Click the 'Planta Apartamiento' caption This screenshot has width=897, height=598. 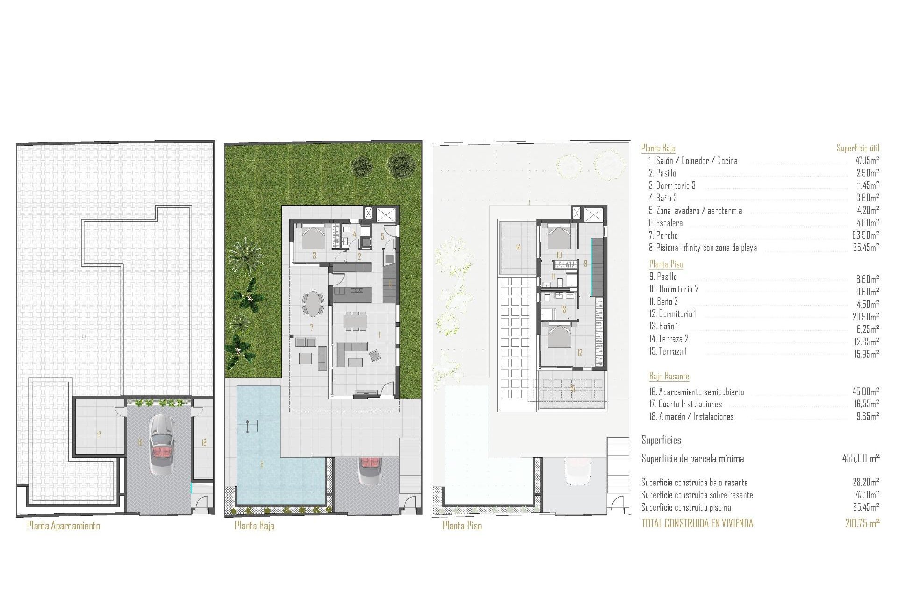click(64, 526)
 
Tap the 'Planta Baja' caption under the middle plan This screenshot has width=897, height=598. click(254, 526)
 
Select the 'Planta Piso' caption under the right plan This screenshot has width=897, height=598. click(462, 526)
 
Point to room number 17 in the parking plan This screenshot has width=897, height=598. click(99, 435)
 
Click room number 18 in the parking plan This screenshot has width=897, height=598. click(204, 442)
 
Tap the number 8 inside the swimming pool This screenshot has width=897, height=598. click(262, 464)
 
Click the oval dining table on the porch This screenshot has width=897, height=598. click(313, 304)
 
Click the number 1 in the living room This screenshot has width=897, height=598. click(379, 335)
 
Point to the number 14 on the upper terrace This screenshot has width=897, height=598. click(518, 248)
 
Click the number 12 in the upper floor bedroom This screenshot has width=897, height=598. click(580, 353)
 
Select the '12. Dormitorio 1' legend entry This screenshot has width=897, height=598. click(672, 314)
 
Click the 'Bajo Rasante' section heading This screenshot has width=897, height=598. click(669, 376)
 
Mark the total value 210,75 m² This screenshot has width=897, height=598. click(862, 523)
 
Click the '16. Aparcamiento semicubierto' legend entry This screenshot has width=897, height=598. click(696, 392)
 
